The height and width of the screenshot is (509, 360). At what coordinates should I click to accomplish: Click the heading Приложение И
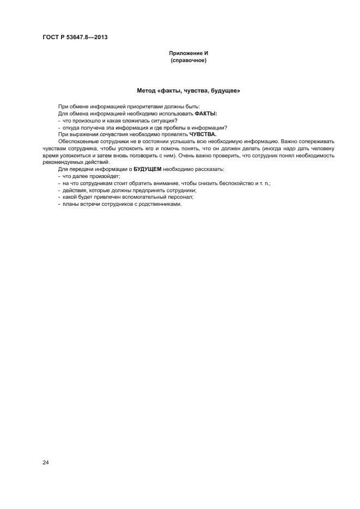point(189,54)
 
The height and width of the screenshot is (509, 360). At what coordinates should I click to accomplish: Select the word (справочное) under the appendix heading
point(189,61)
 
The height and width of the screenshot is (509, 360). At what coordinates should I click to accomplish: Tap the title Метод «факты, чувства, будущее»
point(189,90)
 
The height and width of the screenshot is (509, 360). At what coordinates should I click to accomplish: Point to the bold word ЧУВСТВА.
point(203,134)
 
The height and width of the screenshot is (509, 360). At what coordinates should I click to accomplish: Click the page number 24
point(45,463)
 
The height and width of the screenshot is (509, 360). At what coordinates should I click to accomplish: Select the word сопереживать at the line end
point(315,141)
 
